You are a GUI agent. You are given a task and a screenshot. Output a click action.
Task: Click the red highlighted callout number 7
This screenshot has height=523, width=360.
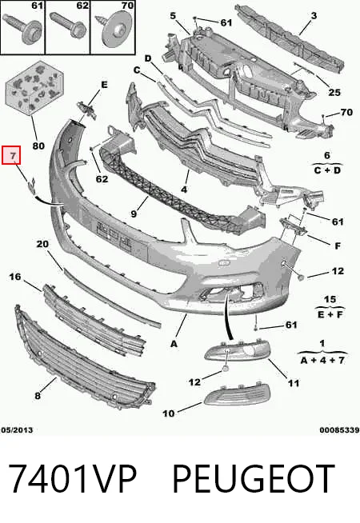point(11,155)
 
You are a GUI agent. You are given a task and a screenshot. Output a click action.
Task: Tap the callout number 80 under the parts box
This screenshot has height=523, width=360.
point(38,146)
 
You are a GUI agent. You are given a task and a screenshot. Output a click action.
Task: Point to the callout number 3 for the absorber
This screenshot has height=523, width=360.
point(314,15)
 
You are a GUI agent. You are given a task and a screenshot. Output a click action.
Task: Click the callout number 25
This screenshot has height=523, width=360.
point(334,93)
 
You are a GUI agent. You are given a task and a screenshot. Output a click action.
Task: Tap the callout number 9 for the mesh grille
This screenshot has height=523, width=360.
point(134,214)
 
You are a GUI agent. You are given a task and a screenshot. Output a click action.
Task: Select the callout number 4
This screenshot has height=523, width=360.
point(184,189)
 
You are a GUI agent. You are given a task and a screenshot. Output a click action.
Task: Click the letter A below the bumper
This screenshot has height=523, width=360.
point(174,344)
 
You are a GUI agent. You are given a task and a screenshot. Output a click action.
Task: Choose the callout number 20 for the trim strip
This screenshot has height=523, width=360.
point(42,244)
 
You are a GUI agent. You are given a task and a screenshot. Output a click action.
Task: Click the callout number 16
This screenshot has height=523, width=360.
point(14,277)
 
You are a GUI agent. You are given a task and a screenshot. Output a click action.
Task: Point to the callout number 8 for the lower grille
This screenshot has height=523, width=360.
point(38,396)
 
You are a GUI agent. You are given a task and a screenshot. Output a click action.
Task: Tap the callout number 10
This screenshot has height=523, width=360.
point(169,413)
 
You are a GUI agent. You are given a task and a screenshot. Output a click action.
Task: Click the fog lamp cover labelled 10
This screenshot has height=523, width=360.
point(237,397)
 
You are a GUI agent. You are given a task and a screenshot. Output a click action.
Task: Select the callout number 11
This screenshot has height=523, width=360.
point(294,383)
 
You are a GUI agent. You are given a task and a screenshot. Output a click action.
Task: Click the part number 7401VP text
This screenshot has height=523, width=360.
point(72,478)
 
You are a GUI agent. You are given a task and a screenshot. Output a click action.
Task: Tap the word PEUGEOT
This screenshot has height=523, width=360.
point(254,478)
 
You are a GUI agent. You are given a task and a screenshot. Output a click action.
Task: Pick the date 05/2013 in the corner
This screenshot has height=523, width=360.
point(17,430)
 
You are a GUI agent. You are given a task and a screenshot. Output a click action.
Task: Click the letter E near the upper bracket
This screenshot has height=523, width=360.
point(104,85)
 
